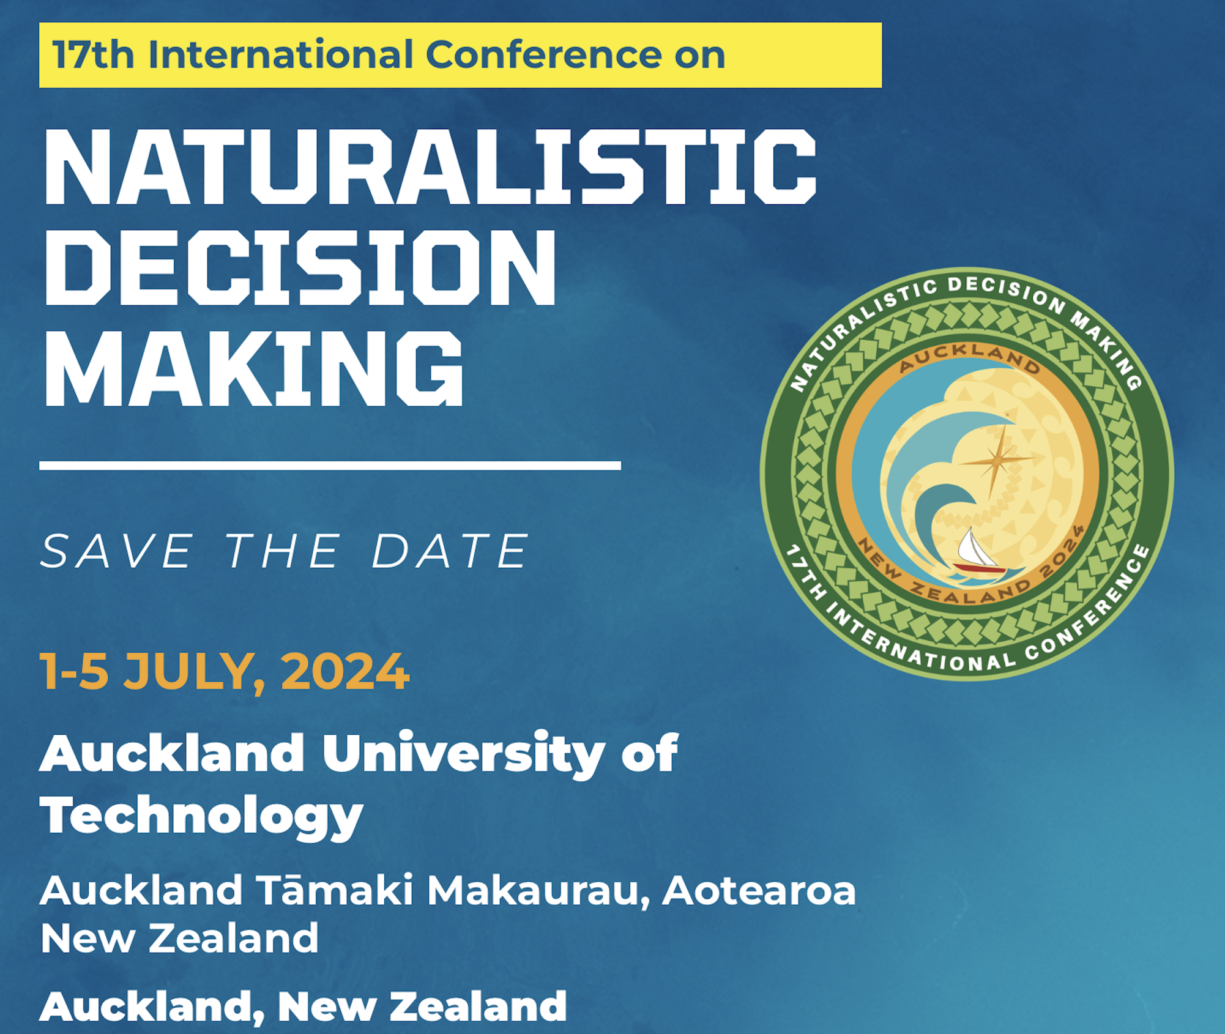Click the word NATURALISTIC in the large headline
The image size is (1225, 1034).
(430, 166)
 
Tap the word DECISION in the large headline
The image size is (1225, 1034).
(300, 267)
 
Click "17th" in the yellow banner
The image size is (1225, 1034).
(93, 54)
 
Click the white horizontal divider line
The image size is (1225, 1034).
(330, 466)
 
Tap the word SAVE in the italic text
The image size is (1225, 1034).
(117, 551)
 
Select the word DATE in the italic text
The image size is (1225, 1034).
(450, 551)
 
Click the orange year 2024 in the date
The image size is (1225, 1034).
(345, 671)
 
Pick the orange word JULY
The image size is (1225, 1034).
(194, 673)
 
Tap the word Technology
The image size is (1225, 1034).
(202, 817)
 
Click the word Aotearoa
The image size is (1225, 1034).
(759, 891)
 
